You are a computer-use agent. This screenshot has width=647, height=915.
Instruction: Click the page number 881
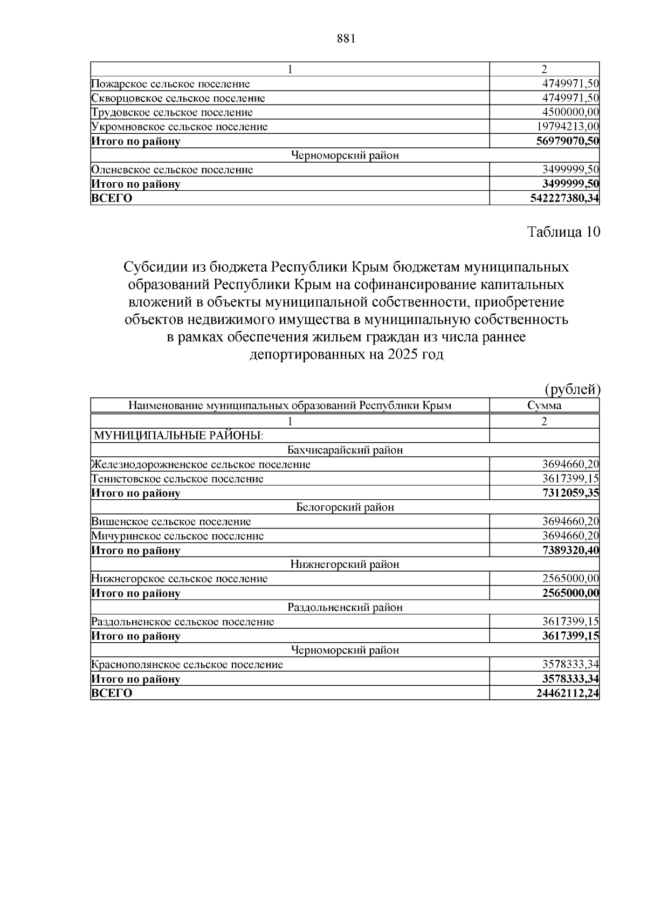[346, 39]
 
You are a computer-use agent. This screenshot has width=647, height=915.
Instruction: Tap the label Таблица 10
[563, 232]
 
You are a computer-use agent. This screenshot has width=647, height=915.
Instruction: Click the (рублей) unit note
[572, 389]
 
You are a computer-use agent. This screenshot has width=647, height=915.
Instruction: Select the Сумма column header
[544, 405]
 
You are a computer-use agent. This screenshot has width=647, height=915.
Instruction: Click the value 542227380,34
[565, 198]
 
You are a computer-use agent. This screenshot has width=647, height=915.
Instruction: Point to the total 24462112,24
[568, 693]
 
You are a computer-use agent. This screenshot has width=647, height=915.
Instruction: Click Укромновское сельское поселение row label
[180, 127]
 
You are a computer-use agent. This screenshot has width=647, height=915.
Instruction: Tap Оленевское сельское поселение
[172, 170]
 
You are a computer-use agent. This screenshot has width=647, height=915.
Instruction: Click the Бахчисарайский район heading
[345, 450]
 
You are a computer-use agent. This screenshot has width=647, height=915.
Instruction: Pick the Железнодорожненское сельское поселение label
[201, 464]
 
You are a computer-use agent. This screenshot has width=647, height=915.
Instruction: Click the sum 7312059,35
[570, 493]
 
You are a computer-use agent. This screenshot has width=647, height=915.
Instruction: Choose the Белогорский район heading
[345, 507]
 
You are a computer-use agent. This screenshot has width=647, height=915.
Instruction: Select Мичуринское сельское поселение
[177, 536]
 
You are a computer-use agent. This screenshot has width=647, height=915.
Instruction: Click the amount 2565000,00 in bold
[570, 593]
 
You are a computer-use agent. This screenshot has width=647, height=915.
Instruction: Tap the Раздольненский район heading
[345, 608]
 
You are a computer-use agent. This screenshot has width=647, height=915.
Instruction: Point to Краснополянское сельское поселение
[187, 665]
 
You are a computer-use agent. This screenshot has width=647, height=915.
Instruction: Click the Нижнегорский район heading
[345, 565]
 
